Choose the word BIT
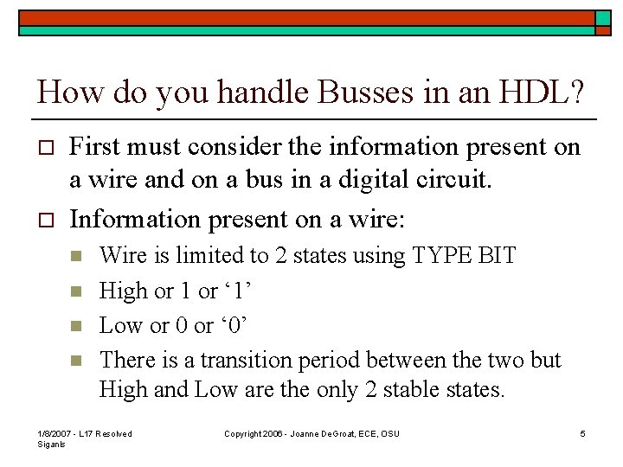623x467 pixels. (x=497, y=256)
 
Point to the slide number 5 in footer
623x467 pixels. (x=583, y=433)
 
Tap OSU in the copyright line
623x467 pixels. (x=389, y=433)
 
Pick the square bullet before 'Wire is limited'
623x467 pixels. (x=76, y=257)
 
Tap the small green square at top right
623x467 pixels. (x=603, y=18)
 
